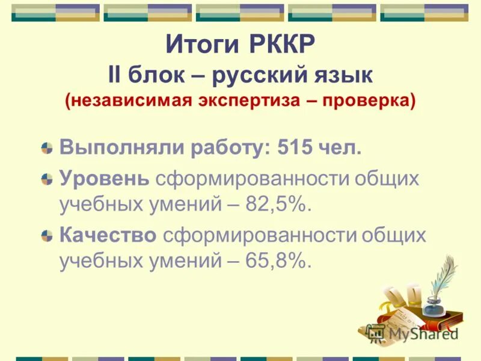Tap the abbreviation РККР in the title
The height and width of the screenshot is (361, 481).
click(278, 45)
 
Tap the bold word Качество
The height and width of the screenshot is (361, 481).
click(108, 235)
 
